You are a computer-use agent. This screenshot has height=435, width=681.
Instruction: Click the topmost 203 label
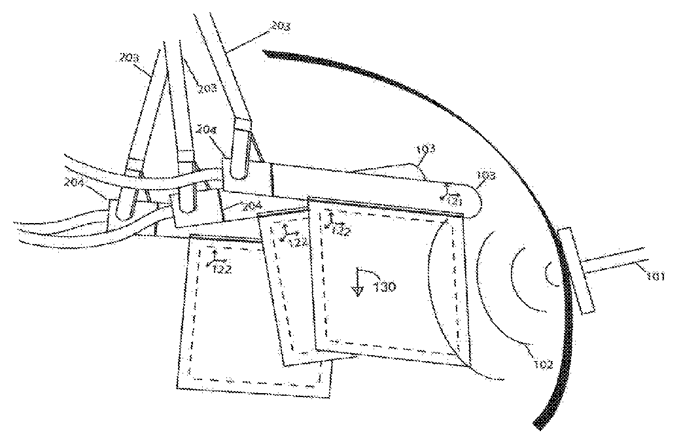pyautogui.click(x=279, y=27)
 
